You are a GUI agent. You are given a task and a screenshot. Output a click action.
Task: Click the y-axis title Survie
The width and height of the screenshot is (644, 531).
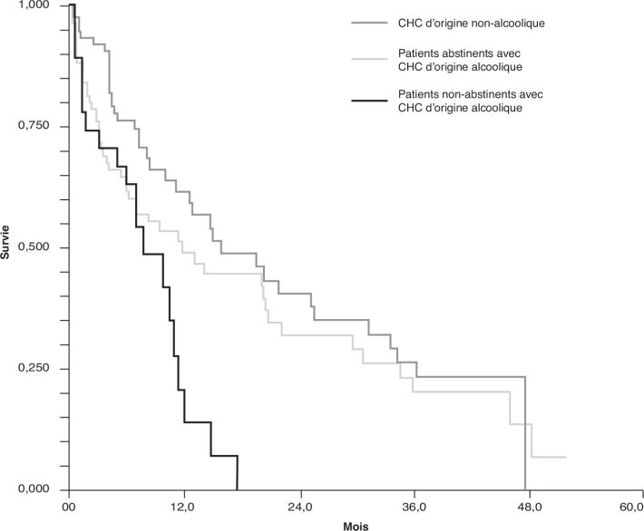tap(7, 247)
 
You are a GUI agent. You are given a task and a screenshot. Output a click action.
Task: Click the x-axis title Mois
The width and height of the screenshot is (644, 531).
tap(356, 525)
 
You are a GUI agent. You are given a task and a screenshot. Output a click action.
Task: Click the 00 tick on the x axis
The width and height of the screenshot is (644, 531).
tap(69, 506)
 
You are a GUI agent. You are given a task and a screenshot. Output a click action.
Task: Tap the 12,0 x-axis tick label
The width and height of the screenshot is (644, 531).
tap(184, 506)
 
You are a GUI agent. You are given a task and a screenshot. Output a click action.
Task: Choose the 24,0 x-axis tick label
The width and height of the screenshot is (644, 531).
tap(299, 506)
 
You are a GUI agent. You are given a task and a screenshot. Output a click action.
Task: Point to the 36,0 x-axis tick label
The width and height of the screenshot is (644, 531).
tap(414, 506)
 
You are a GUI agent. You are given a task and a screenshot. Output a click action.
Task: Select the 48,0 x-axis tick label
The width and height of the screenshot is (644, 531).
tap(529, 506)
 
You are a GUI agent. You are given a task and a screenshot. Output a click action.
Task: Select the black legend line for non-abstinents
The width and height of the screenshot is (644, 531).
tap(369, 100)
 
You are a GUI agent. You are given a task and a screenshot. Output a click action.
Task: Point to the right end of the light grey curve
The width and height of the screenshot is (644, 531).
tap(565, 457)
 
